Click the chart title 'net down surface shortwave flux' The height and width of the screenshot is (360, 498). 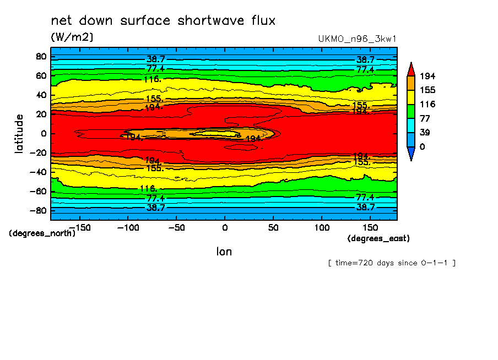163,21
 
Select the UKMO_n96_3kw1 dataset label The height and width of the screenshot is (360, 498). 358,39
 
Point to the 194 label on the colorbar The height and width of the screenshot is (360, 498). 427,75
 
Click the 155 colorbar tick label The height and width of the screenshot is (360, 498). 427,90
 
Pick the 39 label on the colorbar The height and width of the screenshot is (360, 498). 425,133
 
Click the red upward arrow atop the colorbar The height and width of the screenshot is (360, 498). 411,68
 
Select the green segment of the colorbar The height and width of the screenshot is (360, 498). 411,111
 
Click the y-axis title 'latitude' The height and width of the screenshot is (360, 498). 20,134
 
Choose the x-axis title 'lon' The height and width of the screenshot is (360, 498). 224,252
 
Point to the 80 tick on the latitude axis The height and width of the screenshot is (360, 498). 41,56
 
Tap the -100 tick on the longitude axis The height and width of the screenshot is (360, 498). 127,227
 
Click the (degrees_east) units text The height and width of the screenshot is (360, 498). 378,238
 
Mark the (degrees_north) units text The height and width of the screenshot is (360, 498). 42,233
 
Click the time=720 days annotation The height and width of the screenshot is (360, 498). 392,263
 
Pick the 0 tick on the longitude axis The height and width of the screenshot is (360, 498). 224,227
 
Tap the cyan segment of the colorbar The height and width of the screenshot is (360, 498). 411,126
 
